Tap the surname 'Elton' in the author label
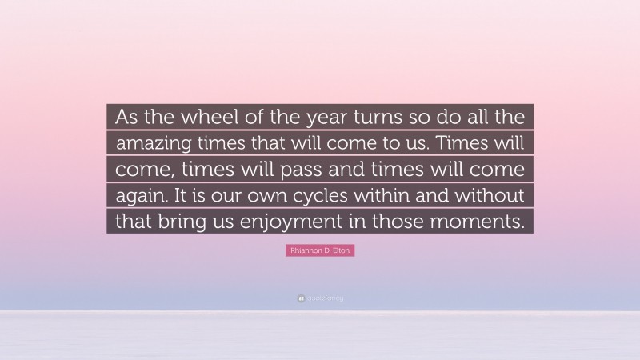(342, 251)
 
